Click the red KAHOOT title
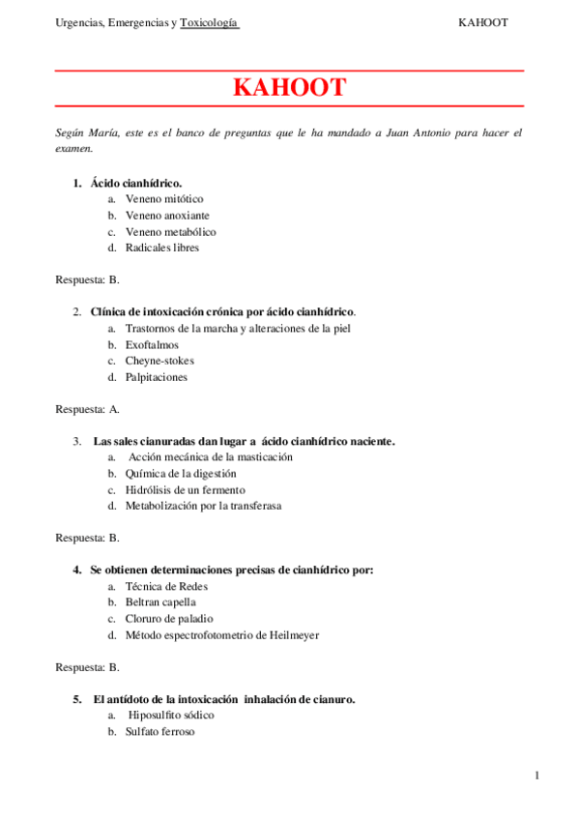[289, 88]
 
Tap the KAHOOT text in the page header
[482, 23]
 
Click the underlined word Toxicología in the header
[209, 23]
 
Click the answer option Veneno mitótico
[164, 199]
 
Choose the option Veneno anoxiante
[167, 216]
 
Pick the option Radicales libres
[162, 248]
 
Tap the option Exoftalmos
[152, 344]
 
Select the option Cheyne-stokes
[159, 361]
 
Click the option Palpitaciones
[157, 377]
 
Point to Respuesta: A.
[88, 409]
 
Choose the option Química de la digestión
[180, 474]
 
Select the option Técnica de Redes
[166, 586]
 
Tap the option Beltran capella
[160, 602]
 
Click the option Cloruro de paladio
[169, 619]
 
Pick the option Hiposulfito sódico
[172, 715]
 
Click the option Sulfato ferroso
[159, 732]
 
